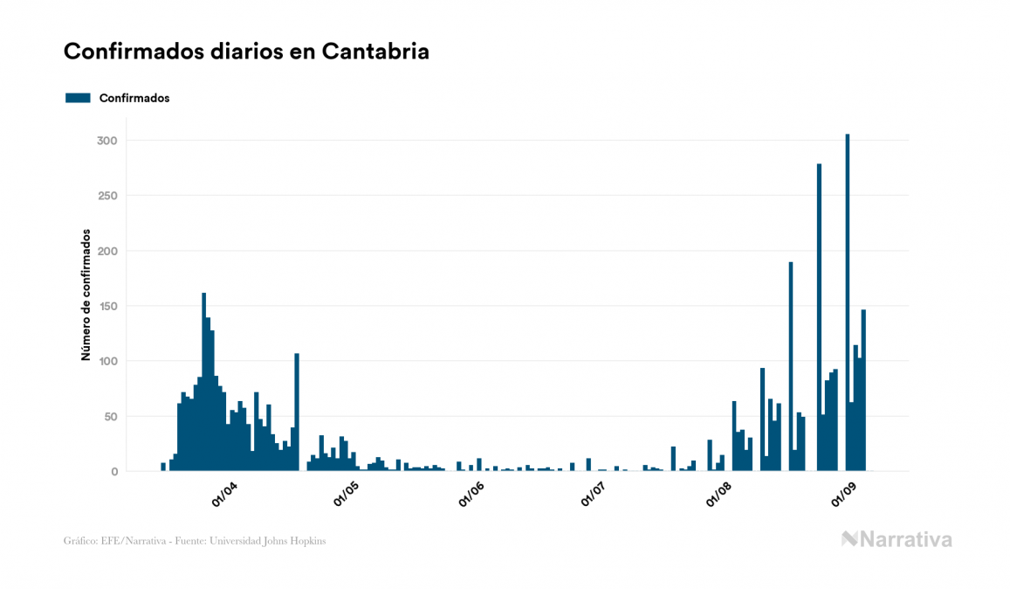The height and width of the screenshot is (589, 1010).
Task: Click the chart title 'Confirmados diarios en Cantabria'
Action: click(x=246, y=52)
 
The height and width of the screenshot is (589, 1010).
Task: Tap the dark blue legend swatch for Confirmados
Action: click(x=78, y=98)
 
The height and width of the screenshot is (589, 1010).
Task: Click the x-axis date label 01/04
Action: click(x=224, y=495)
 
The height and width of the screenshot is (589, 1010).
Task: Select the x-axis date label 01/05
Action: click(x=347, y=495)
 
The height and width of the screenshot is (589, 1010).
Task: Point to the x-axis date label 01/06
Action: click(x=471, y=495)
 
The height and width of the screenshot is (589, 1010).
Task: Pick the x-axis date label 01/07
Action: click(x=594, y=495)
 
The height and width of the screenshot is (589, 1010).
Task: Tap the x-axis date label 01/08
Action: click(x=719, y=495)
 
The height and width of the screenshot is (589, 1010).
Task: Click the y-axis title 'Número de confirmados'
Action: click(x=86, y=295)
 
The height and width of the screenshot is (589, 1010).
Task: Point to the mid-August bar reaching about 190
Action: click(x=791, y=366)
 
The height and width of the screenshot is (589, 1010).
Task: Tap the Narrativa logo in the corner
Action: click(x=897, y=539)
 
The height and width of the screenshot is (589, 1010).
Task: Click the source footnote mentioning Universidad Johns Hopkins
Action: click(x=195, y=541)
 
